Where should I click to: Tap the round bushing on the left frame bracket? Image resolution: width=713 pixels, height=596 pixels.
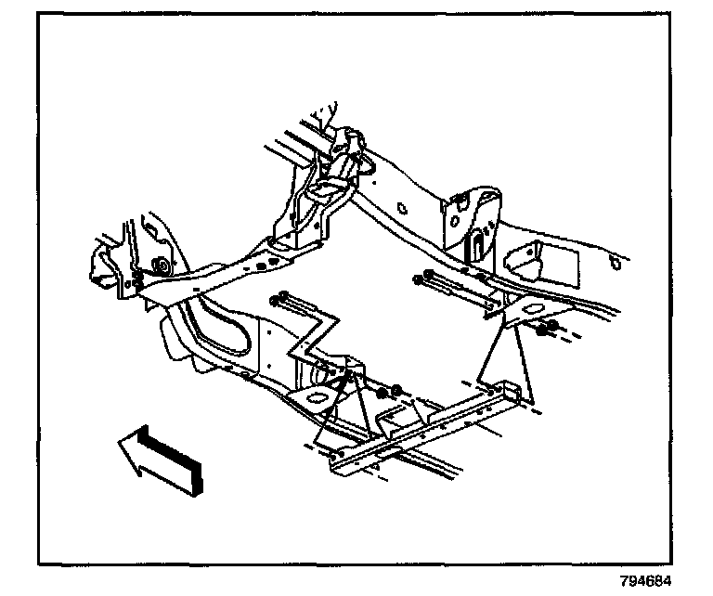pyautogui.click(x=162, y=266)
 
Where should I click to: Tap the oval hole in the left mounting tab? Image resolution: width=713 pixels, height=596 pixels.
pyautogui.click(x=318, y=397)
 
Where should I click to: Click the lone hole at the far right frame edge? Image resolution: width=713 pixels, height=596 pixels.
pyautogui.click(x=616, y=264)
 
